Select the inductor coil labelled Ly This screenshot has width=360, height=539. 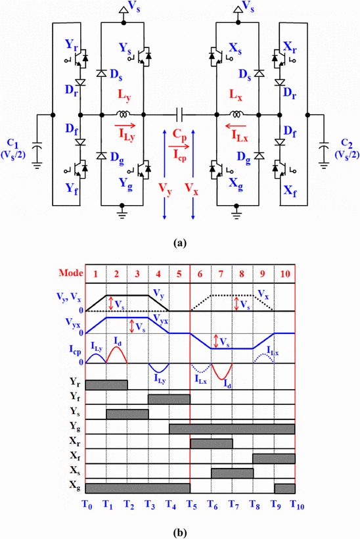122,113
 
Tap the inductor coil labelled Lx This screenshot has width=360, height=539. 236,113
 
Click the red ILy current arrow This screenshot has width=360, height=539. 125,126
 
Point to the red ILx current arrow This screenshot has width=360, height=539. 236,126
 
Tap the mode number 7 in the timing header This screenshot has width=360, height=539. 221,273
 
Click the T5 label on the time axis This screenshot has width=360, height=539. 191,505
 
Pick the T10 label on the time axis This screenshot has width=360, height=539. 297,505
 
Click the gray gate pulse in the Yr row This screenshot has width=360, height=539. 106,385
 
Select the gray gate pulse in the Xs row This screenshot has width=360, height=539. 232,473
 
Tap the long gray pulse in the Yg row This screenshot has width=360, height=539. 232,429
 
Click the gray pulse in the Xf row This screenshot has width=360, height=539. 274,459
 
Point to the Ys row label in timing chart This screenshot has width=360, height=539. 76,411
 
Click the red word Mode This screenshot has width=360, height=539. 71,273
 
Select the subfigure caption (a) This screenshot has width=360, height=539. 180,243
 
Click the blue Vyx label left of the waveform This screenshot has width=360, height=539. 73,323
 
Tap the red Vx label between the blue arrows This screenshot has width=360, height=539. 191,189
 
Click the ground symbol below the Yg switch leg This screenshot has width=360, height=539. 122,210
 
